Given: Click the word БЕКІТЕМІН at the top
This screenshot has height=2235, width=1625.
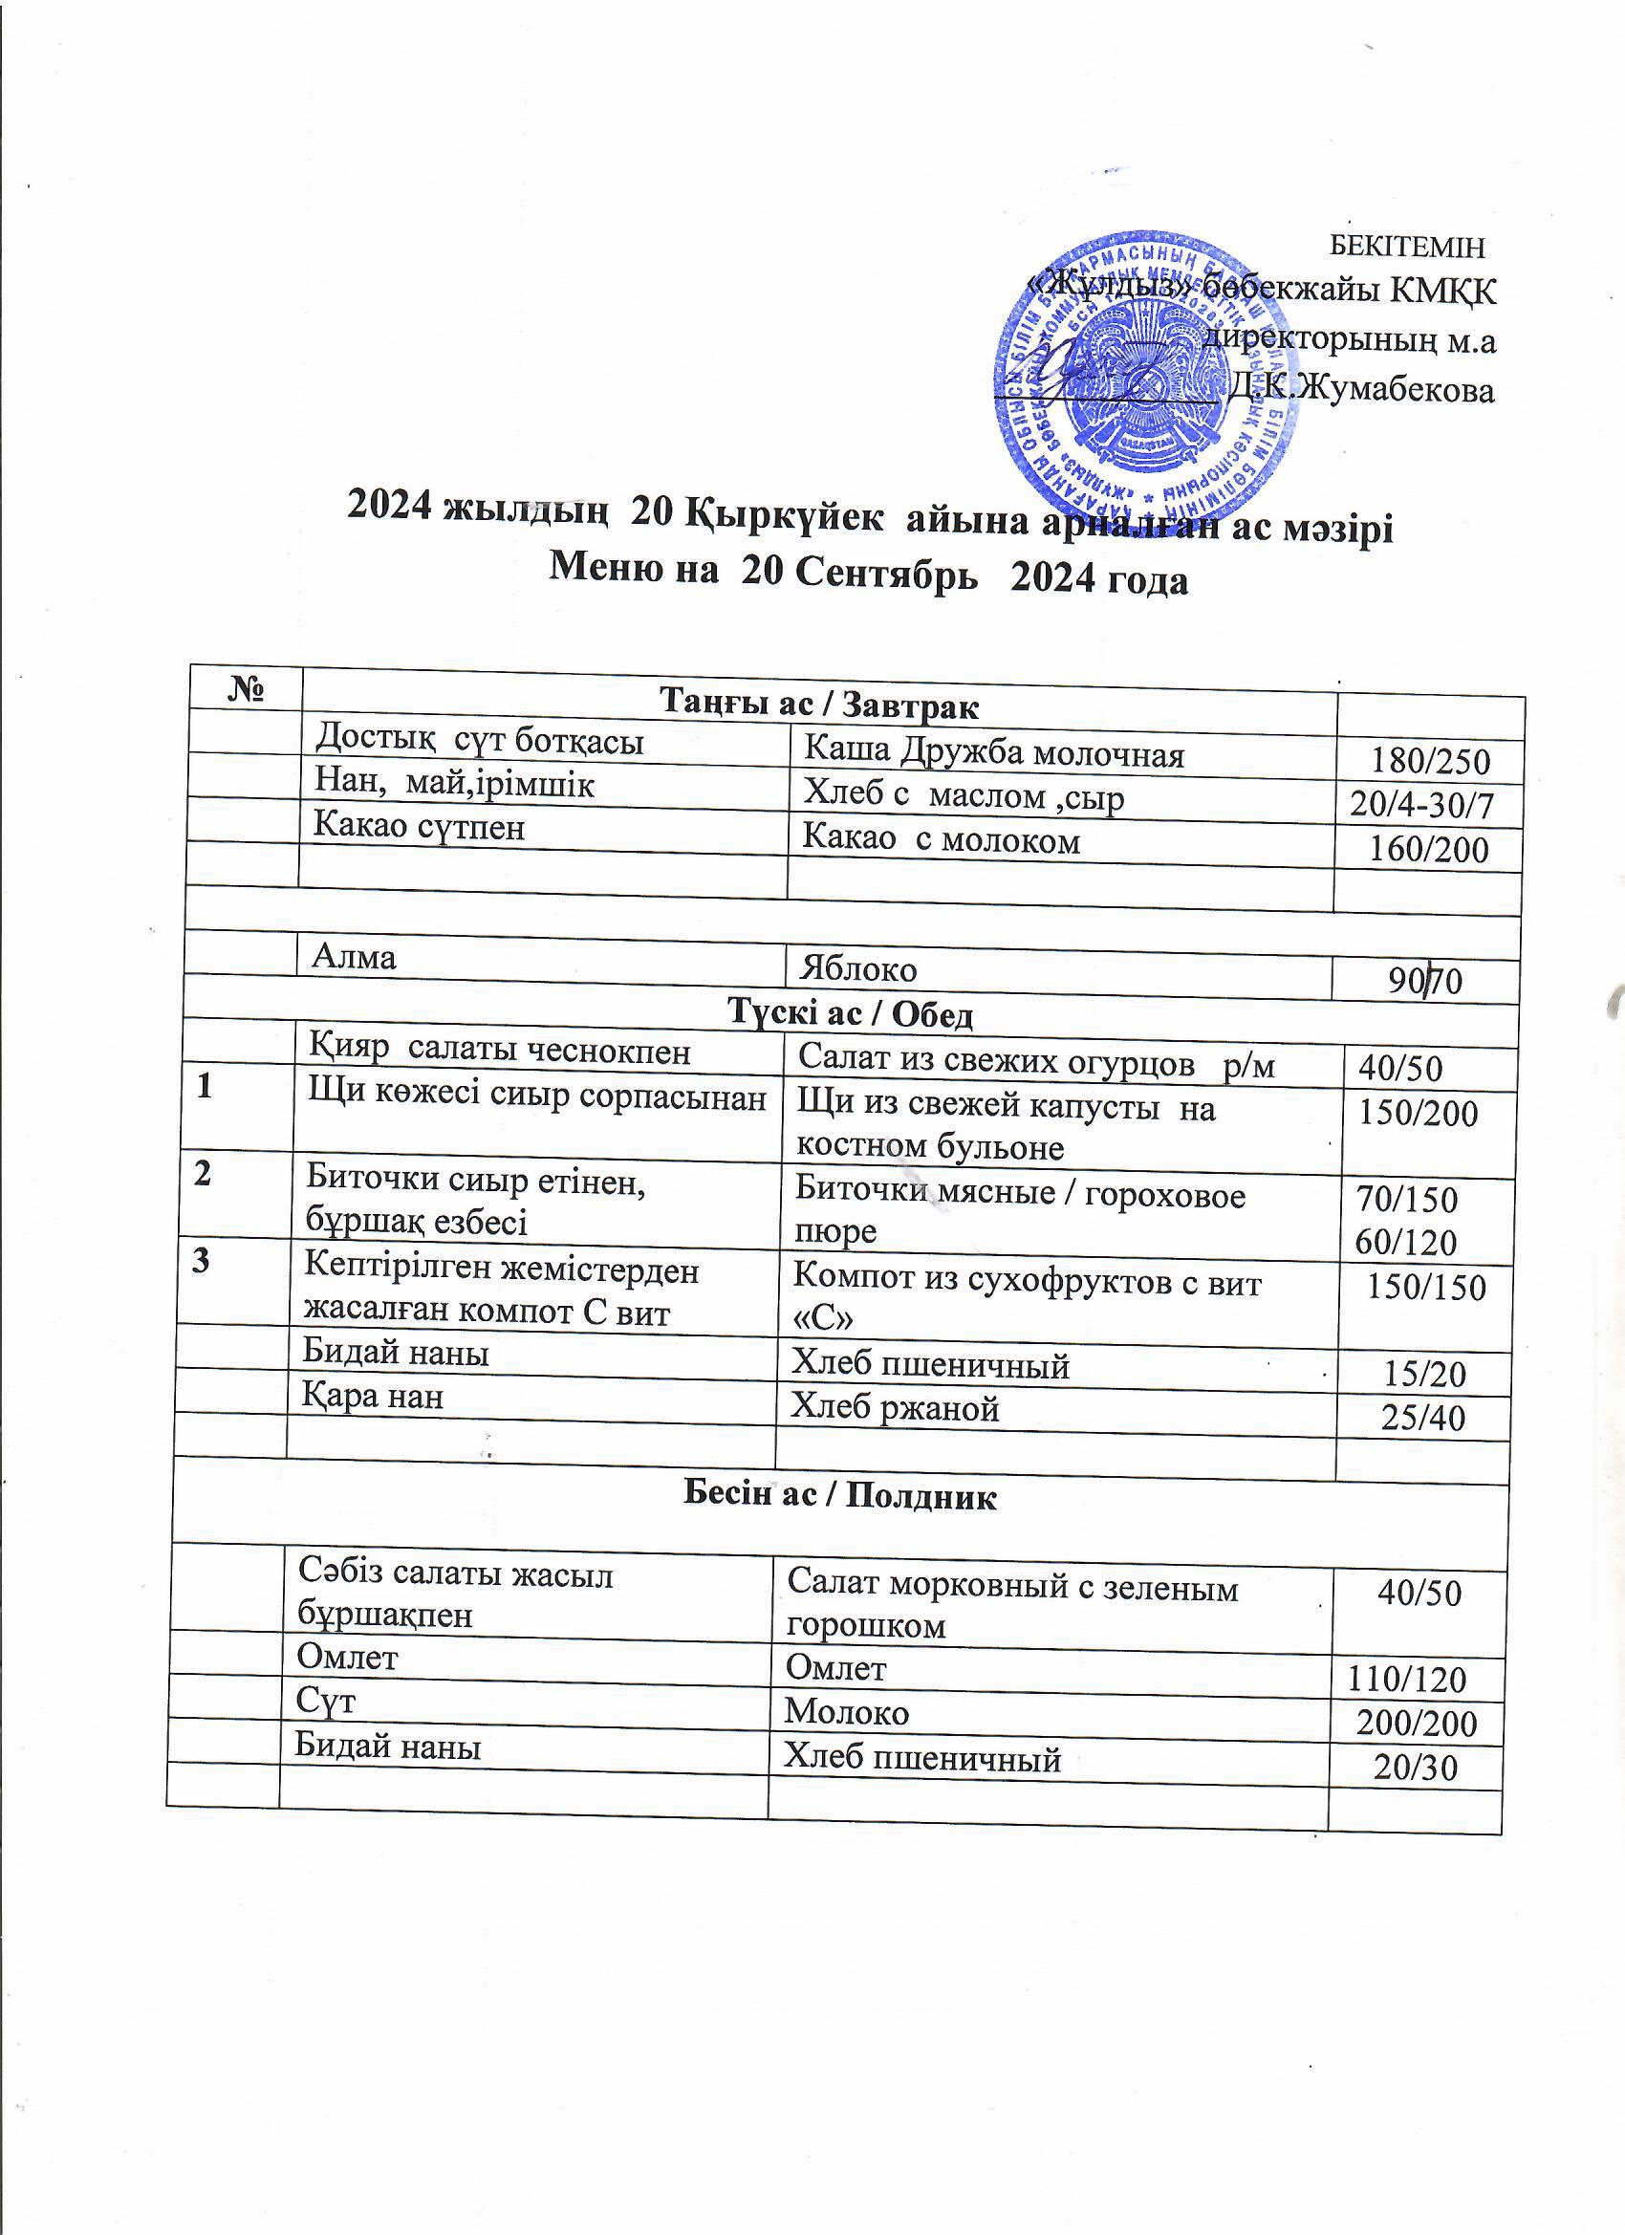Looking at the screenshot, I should point(1406,247).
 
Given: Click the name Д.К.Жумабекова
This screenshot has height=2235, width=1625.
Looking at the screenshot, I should point(1362,390).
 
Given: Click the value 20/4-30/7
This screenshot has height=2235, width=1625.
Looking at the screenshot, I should point(1421,805).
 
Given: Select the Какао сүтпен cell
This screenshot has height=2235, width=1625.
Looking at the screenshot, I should point(419,826).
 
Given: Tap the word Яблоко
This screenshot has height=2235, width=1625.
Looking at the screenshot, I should point(858,969).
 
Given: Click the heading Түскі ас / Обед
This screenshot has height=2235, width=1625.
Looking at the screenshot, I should point(850,1013).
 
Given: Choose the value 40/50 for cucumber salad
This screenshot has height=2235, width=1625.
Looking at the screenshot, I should point(1400,1068).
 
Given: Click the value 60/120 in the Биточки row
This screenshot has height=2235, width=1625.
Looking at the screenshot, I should point(1405,1243).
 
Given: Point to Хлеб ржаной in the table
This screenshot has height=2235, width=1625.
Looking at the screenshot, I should point(895,1409).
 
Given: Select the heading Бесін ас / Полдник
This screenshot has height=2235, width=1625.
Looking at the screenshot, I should point(839,1496).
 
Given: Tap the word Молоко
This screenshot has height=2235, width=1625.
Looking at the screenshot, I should point(847,1712).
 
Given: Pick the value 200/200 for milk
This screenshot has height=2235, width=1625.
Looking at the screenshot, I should point(1416,1724).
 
